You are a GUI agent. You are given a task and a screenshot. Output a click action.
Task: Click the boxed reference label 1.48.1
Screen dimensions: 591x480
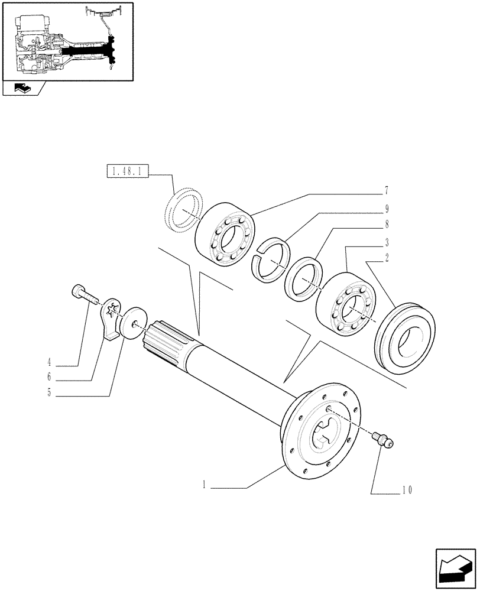coord(127,173)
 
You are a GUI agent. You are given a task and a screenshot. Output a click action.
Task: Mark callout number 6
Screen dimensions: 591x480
coord(49,376)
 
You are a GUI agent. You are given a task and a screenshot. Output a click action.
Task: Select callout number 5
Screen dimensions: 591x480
coord(49,393)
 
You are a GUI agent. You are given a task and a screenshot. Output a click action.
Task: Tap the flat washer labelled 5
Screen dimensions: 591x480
coord(134,323)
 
